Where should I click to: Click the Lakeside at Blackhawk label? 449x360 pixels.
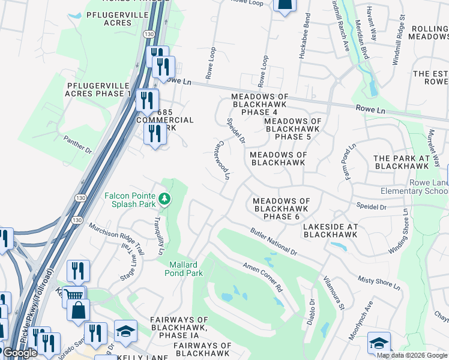tap(330, 230)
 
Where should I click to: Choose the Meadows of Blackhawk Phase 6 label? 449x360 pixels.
tap(281, 209)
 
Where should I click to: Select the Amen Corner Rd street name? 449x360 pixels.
tap(262, 276)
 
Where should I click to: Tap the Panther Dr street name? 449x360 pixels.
tap(77, 144)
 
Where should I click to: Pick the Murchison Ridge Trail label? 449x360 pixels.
tap(116, 238)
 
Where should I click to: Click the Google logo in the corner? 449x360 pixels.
tap(20, 353)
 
